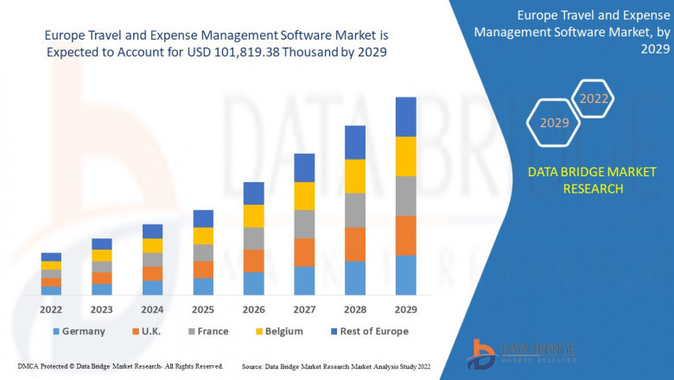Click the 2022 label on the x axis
(x=51, y=309)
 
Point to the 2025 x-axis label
(x=203, y=309)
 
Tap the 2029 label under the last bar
(x=405, y=309)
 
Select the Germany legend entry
(x=79, y=331)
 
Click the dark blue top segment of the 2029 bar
(x=405, y=117)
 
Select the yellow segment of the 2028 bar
(x=355, y=176)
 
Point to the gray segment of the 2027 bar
(x=304, y=224)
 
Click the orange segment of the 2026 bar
(x=253, y=261)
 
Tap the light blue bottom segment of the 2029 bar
(x=405, y=275)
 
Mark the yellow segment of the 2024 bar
(x=152, y=245)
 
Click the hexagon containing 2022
(x=594, y=99)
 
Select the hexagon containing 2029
(x=554, y=123)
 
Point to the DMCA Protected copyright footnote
(x=120, y=366)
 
